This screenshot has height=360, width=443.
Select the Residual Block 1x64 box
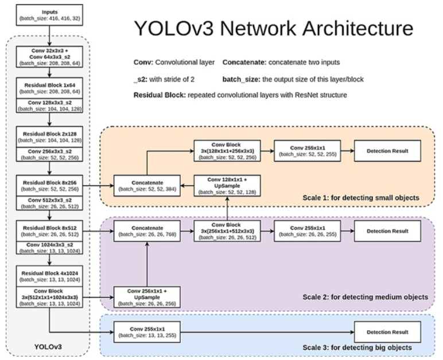[50, 87]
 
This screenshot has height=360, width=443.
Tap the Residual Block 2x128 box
[50, 136]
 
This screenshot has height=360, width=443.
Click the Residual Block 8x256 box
[50, 185]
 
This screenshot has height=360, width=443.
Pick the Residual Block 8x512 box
[50, 230]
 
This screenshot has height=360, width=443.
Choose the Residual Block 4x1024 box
[50, 276]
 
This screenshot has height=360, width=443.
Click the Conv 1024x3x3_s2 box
[50, 248]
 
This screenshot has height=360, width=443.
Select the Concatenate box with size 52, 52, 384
[147, 185]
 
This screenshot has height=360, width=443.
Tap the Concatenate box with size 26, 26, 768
[147, 230]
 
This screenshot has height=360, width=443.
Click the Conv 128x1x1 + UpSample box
[228, 185]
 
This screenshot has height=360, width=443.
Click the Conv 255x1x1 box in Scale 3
[147, 331]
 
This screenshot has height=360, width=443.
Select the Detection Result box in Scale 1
[387, 151]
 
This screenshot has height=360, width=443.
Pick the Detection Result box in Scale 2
[387, 230]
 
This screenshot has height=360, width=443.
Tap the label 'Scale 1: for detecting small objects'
[361, 198]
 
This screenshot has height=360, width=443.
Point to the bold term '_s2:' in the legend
[143, 79]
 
